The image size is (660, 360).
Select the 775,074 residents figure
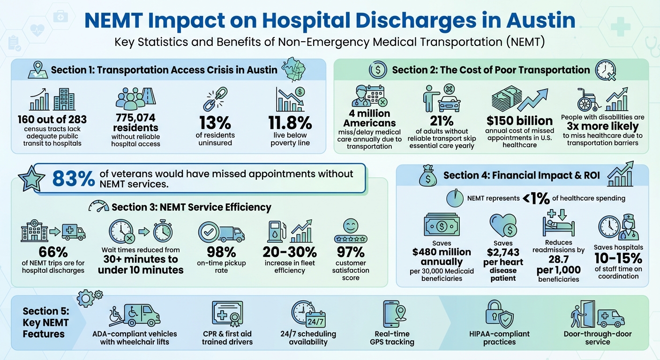(136, 122)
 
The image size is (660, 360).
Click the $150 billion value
(519, 120)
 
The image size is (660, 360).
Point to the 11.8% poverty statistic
(290, 123)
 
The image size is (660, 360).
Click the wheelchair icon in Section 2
(589, 100)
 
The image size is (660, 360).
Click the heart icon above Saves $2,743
(503, 226)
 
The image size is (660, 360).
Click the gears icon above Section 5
(89, 298)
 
